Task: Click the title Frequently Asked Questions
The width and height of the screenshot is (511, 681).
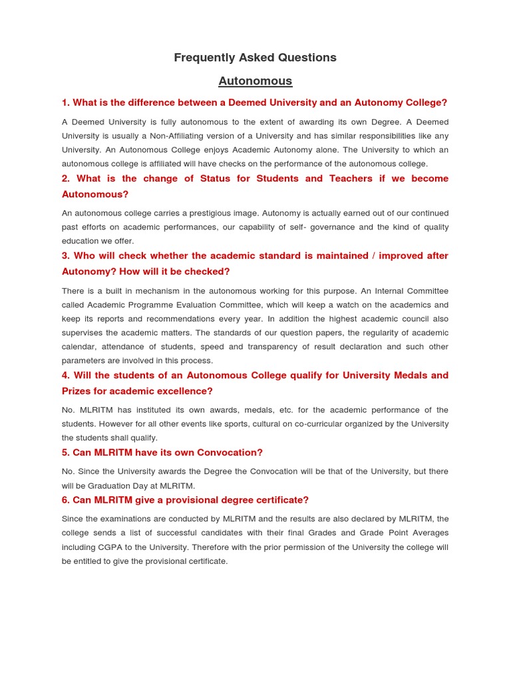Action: [x=255, y=58]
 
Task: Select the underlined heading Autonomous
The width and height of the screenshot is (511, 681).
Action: [x=255, y=81]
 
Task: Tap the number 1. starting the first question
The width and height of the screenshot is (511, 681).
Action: [x=66, y=102]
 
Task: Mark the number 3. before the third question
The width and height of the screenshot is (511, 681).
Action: [x=66, y=256]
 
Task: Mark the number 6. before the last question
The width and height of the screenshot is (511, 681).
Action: [x=66, y=500]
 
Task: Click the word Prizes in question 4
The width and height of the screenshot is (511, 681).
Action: [x=77, y=391]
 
